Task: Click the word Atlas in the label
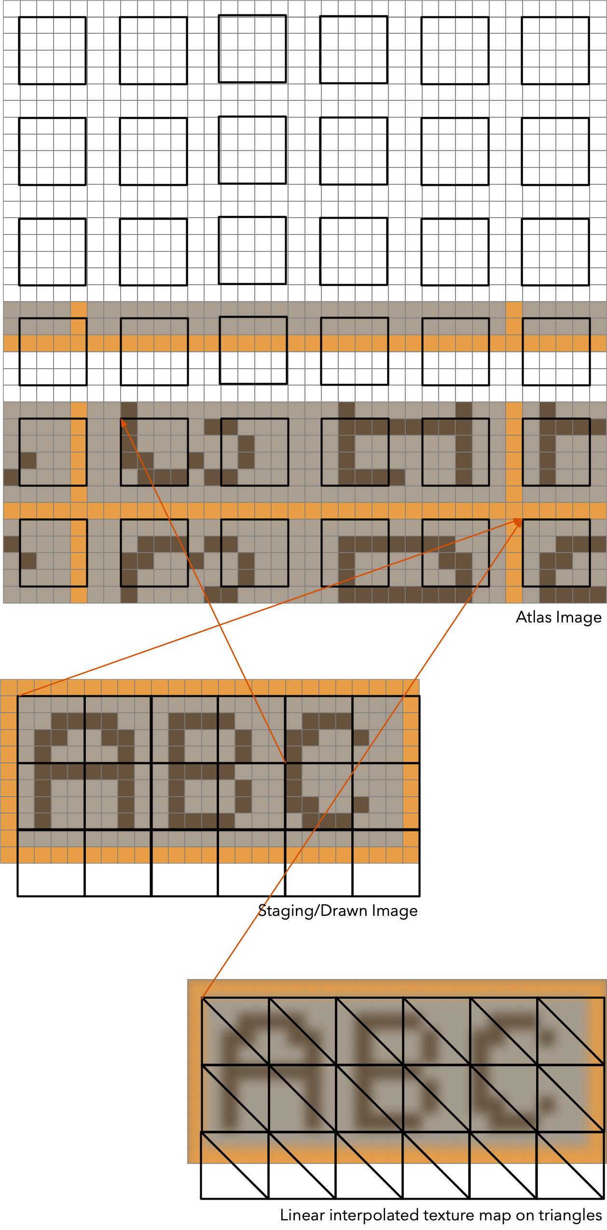531,617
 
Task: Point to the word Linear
303,1215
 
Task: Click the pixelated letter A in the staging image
84,770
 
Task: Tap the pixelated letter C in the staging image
328,770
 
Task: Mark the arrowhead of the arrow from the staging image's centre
123,421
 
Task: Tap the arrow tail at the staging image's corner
18,695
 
